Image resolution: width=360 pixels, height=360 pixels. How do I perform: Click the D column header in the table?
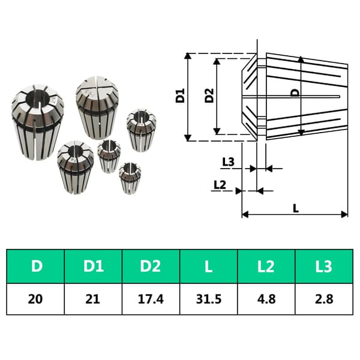pos(35,266)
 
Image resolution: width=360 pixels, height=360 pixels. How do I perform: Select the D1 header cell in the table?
pos(93,266)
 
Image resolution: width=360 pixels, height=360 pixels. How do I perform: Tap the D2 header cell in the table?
pos(151,266)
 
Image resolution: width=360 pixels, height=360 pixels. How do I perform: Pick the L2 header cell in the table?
pos(266,266)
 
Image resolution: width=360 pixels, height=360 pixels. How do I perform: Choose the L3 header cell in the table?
pos(324,266)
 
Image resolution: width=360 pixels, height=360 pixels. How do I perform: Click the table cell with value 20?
pos(35,299)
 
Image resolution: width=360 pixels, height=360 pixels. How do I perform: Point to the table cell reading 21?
pos(93,299)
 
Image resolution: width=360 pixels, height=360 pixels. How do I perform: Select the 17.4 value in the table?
pos(151,299)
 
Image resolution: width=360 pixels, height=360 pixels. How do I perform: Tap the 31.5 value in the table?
pos(209,299)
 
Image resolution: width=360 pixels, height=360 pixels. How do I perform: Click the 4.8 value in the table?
pos(266,299)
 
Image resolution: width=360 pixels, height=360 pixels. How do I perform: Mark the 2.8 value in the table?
pos(324,299)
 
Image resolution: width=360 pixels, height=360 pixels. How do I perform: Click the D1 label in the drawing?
pos(180,95)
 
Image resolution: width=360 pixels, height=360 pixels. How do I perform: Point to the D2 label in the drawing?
pos(209,95)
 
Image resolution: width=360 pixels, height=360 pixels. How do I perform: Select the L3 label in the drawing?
pos(228,162)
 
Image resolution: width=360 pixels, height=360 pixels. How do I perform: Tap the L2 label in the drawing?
pos(220,184)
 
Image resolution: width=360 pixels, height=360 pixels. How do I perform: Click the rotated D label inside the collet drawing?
pos(295,92)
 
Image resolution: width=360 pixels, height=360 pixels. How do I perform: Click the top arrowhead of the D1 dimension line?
pos(188,56)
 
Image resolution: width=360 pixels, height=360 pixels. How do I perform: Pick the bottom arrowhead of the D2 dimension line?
pos(217,131)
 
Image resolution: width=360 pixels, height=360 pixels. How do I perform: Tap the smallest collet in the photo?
pos(130,178)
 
